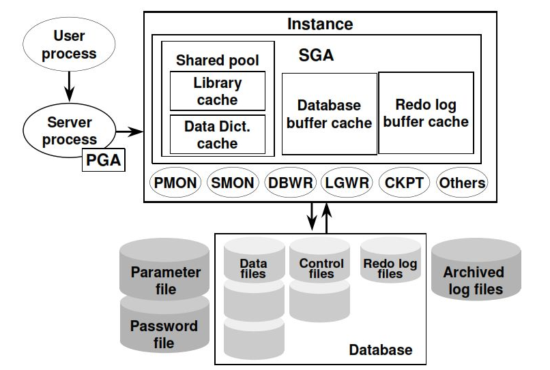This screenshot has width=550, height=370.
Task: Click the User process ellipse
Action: (69, 44)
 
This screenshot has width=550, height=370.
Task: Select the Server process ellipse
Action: (69, 130)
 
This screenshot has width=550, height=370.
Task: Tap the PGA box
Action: (104, 159)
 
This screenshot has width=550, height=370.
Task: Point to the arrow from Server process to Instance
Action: (130, 132)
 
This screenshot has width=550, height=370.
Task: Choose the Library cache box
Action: (218, 91)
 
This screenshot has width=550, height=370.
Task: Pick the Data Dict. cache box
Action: (218, 134)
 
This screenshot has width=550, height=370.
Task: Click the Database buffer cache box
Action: (330, 114)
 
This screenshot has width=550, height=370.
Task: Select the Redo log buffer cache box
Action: (426, 113)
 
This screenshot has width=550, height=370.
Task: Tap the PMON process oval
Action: (175, 183)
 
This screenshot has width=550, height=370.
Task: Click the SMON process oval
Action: (233, 183)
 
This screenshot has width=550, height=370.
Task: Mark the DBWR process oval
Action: (291, 183)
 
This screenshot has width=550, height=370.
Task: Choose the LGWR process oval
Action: (347, 183)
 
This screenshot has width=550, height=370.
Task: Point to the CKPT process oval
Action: (405, 183)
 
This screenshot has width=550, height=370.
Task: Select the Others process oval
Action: (462, 183)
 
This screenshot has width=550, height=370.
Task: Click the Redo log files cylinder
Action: (390, 260)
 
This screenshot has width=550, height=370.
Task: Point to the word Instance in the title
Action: (320, 24)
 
